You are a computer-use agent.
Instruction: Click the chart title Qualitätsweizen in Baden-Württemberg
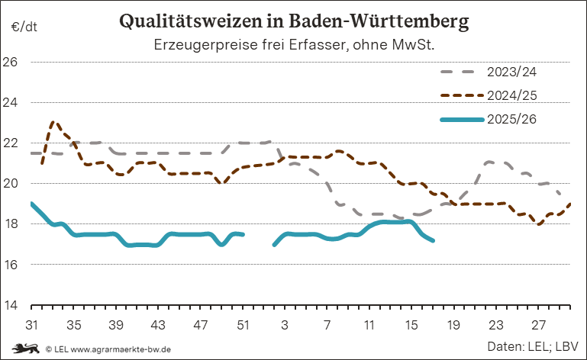pyautogui.click(x=294, y=21)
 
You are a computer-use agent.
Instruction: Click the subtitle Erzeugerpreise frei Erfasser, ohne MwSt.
pyautogui.click(x=294, y=44)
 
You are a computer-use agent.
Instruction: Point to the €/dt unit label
pyautogui.click(x=24, y=28)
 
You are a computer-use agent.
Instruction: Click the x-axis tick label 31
pyautogui.click(x=31, y=324)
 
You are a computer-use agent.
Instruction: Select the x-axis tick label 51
pyautogui.click(x=243, y=324)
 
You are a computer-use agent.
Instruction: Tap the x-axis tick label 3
pyautogui.click(x=285, y=324)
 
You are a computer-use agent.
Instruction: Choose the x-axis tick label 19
pyautogui.click(x=453, y=324)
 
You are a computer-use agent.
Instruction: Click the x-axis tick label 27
pyautogui.click(x=538, y=324)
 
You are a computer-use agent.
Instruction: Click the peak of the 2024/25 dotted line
pyautogui.click(x=53, y=121)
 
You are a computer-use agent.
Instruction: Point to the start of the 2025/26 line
pyautogui.click(x=31, y=204)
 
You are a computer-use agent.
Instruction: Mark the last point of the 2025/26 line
pyautogui.click(x=433, y=240)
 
